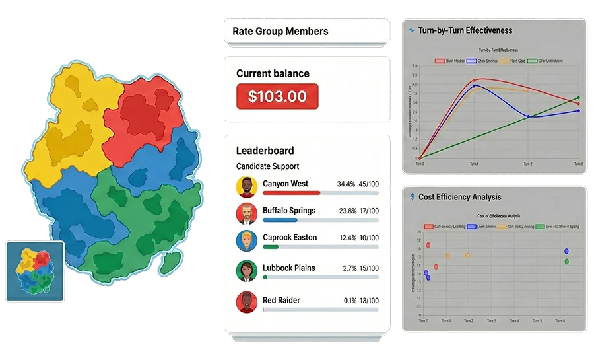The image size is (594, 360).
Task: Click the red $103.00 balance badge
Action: (277, 96)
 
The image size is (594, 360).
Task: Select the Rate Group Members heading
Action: (280, 31)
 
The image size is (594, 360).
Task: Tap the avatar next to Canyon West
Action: (246, 187)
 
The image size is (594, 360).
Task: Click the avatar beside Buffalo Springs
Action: (246, 214)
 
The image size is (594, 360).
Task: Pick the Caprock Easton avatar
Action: (246, 241)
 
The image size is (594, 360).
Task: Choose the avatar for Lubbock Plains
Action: (246, 271)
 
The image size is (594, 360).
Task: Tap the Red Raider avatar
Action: (246, 303)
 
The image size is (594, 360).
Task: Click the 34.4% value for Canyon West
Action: (346, 184)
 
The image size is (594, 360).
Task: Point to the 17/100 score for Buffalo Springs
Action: (369, 211)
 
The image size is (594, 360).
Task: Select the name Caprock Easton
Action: (290, 238)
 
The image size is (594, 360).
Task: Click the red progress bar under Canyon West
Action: (291, 193)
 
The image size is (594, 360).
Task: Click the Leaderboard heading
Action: (265, 151)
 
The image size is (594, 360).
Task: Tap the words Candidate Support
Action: (267, 166)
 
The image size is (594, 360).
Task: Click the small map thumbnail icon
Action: (35, 271)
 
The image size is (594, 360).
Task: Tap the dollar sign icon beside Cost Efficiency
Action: (412, 197)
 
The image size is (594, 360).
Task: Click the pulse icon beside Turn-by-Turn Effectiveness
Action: (412, 30)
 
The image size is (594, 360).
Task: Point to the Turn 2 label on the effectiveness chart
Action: (527, 163)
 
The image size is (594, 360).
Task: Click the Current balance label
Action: (273, 73)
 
